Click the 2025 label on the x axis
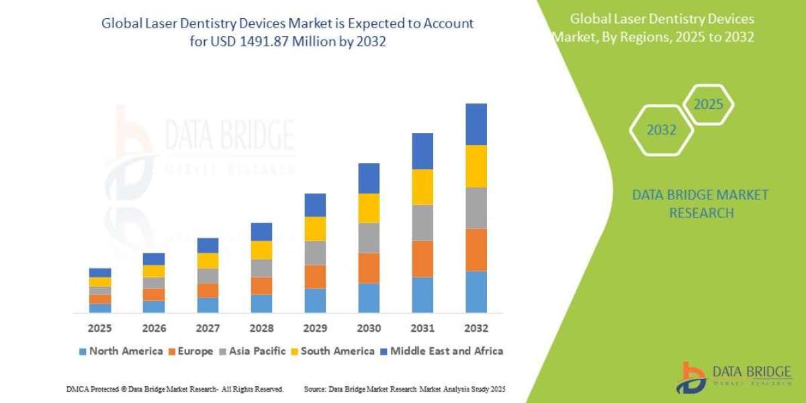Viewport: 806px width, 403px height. pyautogui.click(x=99, y=328)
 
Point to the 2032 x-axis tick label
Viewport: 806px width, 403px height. pyautogui.click(x=476, y=328)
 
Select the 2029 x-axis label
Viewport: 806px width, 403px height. pyautogui.click(x=314, y=328)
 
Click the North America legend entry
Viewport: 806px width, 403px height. pyautogui.click(x=120, y=351)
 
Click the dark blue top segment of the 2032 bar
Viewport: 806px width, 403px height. pyautogui.click(x=476, y=124)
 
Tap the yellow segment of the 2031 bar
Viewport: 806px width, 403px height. pyautogui.click(x=422, y=187)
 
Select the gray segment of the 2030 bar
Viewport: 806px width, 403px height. pyautogui.click(x=368, y=238)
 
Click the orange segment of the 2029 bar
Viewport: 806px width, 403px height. pyautogui.click(x=314, y=277)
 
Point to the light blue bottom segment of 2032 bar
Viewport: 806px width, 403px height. pyautogui.click(x=476, y=292)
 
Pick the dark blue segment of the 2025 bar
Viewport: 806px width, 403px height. pyautogui.click(x=99, y=273)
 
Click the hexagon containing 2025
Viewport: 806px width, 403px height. pyautogui.click(x=708, y=105)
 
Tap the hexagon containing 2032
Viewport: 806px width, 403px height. pyautogui.click(x=662, y=130)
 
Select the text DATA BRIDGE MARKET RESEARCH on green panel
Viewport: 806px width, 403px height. pyautogui.click(x=701, y=204)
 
